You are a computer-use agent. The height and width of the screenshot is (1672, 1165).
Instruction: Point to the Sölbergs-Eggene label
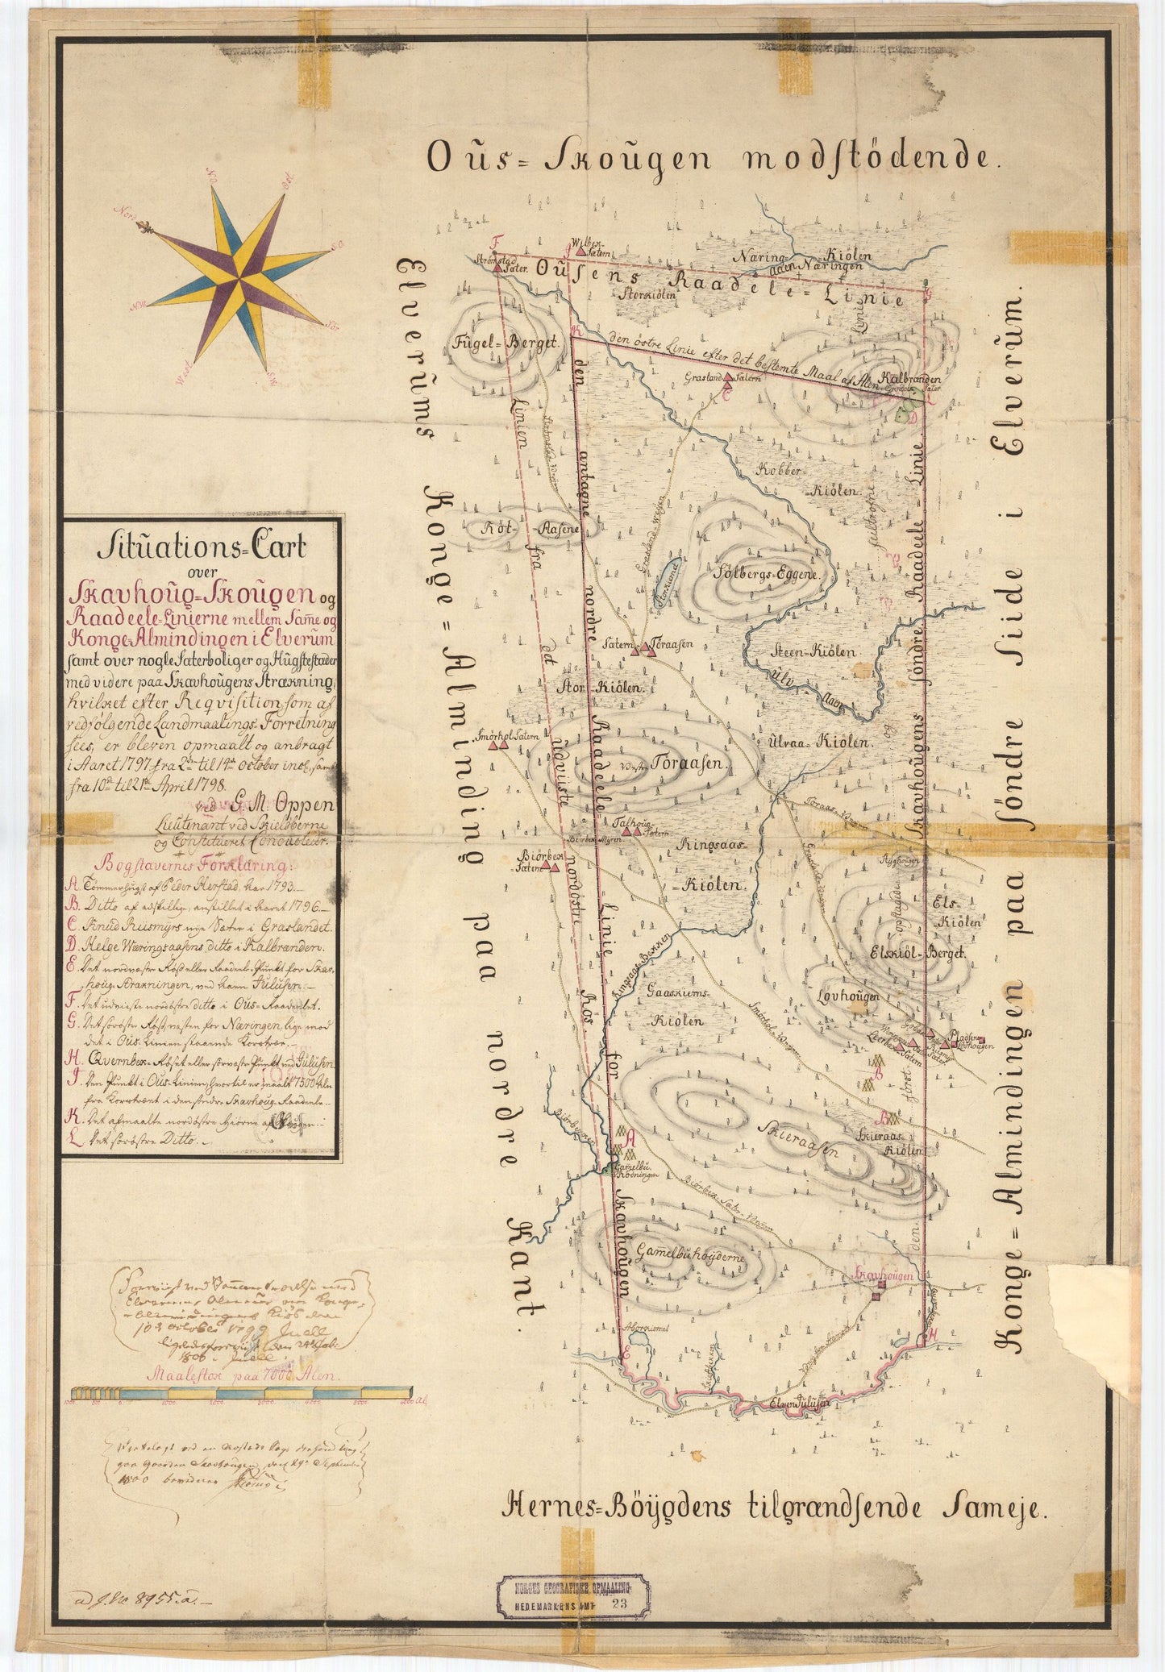click(x=767, y=576)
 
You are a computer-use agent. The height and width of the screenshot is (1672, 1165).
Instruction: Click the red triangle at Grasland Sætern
click(x=728, y=376)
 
